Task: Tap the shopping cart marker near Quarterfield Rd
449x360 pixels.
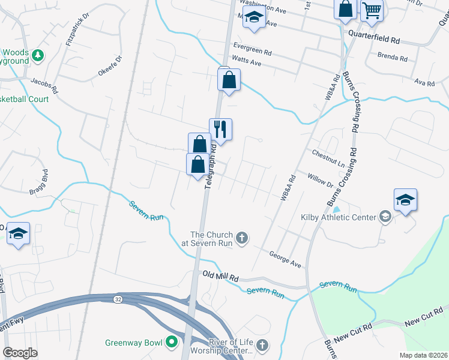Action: click(x=372, y=11)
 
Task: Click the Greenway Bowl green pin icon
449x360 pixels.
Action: click(x=172, y=343)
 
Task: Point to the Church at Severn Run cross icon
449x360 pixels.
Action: click(x=242, y=238)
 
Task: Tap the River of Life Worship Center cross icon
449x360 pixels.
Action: click(x=261, y=345)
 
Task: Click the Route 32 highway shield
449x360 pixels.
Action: click(x=118, y=298)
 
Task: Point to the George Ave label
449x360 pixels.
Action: click(x=285, y=259)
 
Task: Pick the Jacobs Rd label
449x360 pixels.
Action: click(x=44, y=84)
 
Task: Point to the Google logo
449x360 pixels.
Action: click(x=20, y=353)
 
